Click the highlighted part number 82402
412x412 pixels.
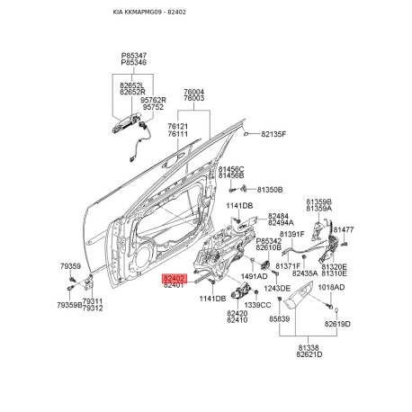(x=175, y=279)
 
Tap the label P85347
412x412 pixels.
(x=134, y=56)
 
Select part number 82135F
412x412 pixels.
(x=273, y=134)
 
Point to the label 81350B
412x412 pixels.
(x=270, y=190)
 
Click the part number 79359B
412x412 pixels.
(x=69, y=305)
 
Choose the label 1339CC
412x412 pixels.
(x=257, y=305)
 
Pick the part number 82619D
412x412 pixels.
(x=337, y=324)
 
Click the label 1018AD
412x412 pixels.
(x=331, y=287)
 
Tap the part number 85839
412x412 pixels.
(x=279, y=318)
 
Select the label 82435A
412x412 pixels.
(x=305, y=273)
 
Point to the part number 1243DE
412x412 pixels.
(x=277, y=289)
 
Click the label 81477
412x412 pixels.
(x=344, y=229)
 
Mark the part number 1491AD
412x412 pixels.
(x=254, y=276)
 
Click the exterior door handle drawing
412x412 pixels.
(x=125, y=123)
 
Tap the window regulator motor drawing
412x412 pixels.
(x=241, y=291)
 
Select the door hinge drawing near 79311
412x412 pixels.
(x=89, y=282)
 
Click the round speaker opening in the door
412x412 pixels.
(x=143, y=258)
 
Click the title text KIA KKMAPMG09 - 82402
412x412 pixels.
(x=149, y=13)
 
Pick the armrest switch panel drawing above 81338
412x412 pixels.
(x=299, y=295)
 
